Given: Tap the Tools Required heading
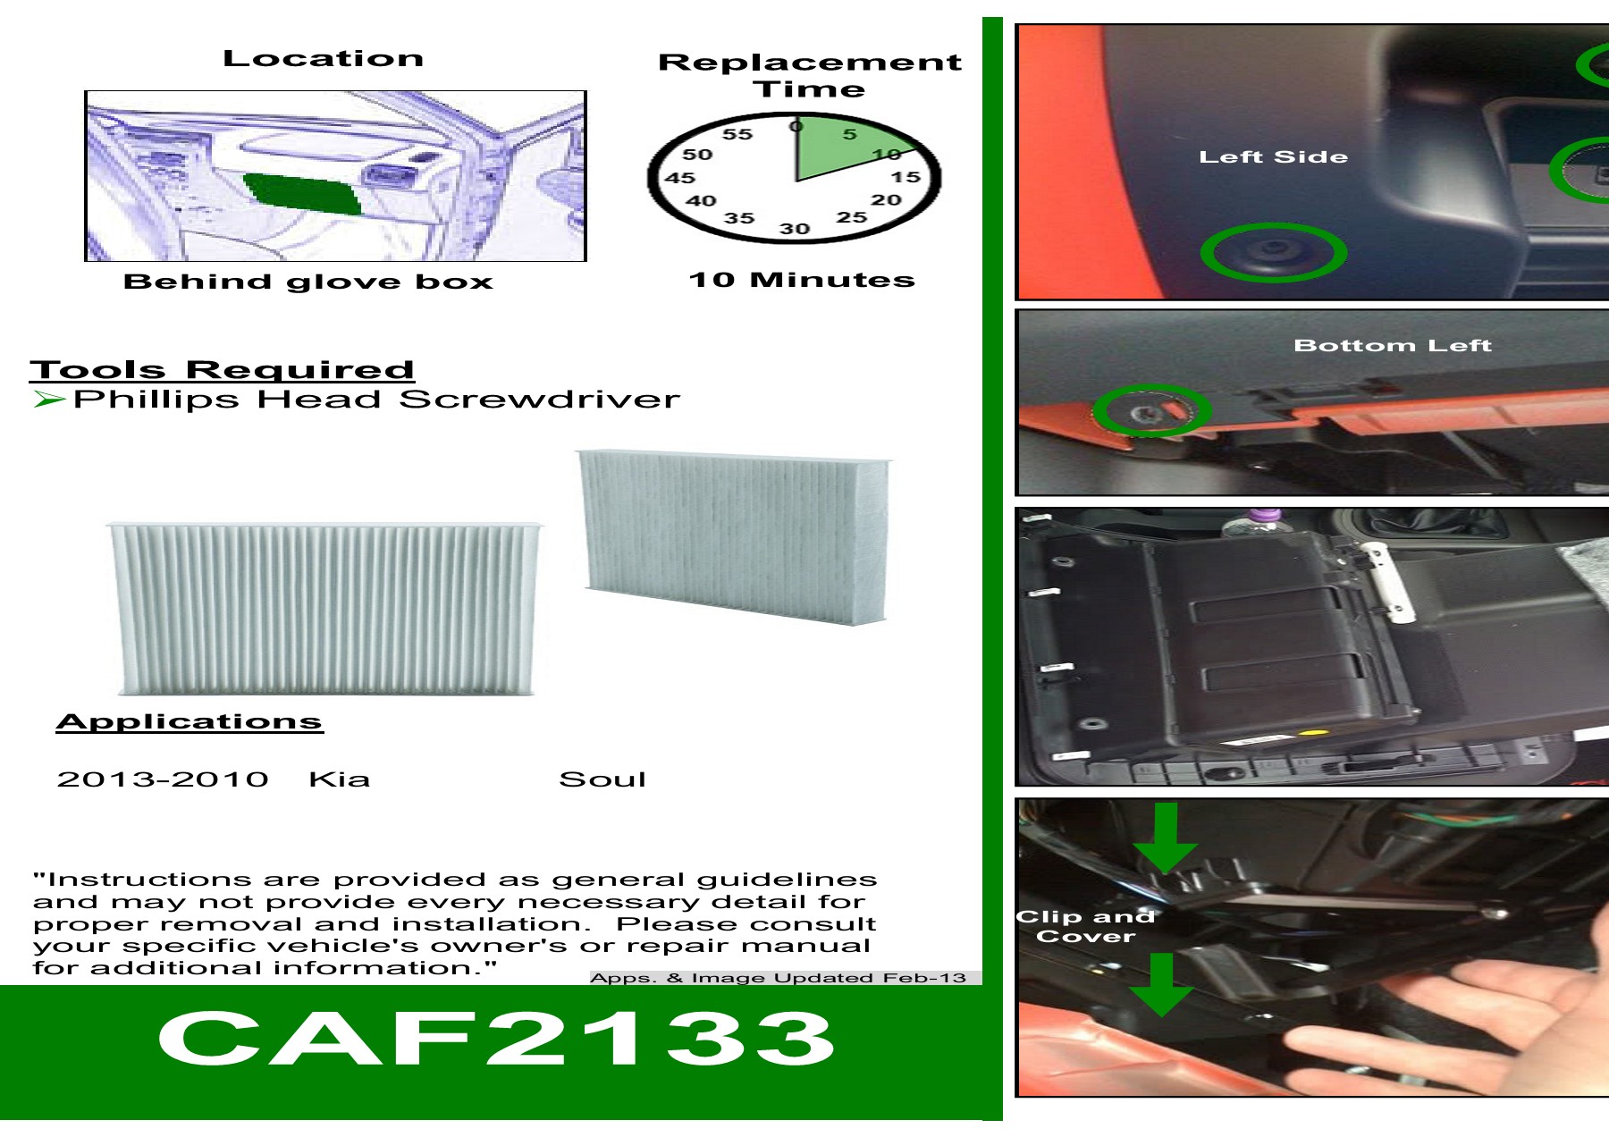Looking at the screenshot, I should (222, 369).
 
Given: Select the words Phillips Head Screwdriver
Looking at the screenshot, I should (375, 399).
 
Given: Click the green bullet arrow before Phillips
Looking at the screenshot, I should (48, 399).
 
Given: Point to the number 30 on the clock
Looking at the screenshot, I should (794, 229).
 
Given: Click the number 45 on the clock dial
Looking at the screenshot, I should (679, 178).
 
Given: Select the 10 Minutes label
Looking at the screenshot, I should (802, 280).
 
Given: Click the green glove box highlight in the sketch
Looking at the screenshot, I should (304, 193).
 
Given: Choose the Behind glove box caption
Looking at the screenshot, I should (308, 282).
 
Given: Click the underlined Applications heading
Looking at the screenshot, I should (190, 721).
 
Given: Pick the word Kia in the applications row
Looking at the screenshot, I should (339, 779).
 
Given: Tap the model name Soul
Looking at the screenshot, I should (602, 779).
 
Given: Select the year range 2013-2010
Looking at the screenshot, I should (163, 779).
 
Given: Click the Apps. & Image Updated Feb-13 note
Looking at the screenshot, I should (778, 977).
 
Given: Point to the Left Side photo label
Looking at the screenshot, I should (1273, 157).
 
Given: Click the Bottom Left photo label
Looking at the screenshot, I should (1392, 346).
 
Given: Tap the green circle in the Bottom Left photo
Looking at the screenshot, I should (1151, 410).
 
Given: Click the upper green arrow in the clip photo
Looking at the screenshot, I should (1165, 838).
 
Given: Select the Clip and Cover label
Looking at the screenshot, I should (1085, 927).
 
